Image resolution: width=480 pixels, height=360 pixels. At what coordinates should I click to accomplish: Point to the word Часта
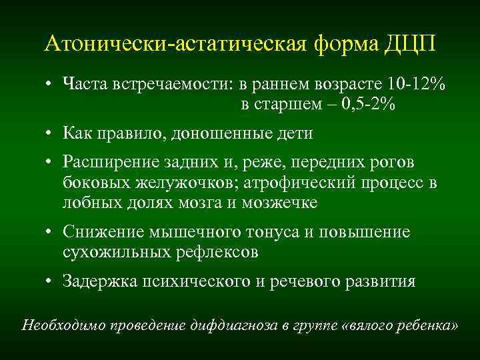pos(84,85)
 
